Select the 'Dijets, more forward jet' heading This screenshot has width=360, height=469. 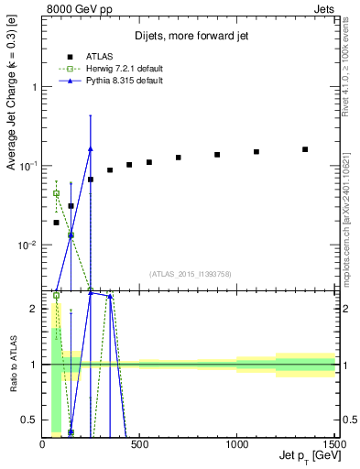coord(190,37)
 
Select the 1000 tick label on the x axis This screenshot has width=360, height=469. coord(236,443)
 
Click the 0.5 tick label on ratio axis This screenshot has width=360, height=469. coord(30,420)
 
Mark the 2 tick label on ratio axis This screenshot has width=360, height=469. coord(34,309)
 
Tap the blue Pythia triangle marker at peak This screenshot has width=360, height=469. coord(90,148)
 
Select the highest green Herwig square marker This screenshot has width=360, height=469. coord(57,193)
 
